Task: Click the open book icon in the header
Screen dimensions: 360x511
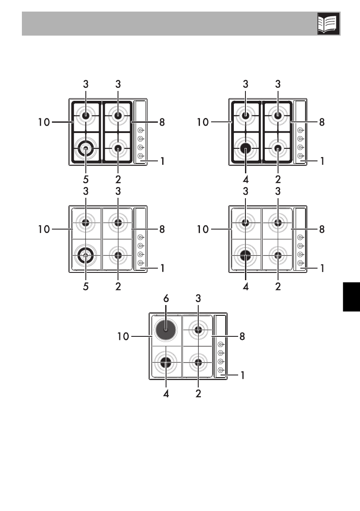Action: [328, 24]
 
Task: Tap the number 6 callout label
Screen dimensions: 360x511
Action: [166, 298]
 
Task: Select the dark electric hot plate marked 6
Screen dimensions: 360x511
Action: [166, 330]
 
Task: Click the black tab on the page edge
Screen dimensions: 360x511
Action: [351, 296]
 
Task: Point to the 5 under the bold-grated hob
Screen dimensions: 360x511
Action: [86, 179]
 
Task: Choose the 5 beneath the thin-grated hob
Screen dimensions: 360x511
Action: [86, 287]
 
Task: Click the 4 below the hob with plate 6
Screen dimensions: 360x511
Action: [166, 394]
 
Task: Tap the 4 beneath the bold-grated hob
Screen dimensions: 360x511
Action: [245, 179]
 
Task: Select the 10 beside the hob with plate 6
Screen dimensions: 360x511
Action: [124, 336]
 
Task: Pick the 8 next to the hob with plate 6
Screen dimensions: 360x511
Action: [242, 336]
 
